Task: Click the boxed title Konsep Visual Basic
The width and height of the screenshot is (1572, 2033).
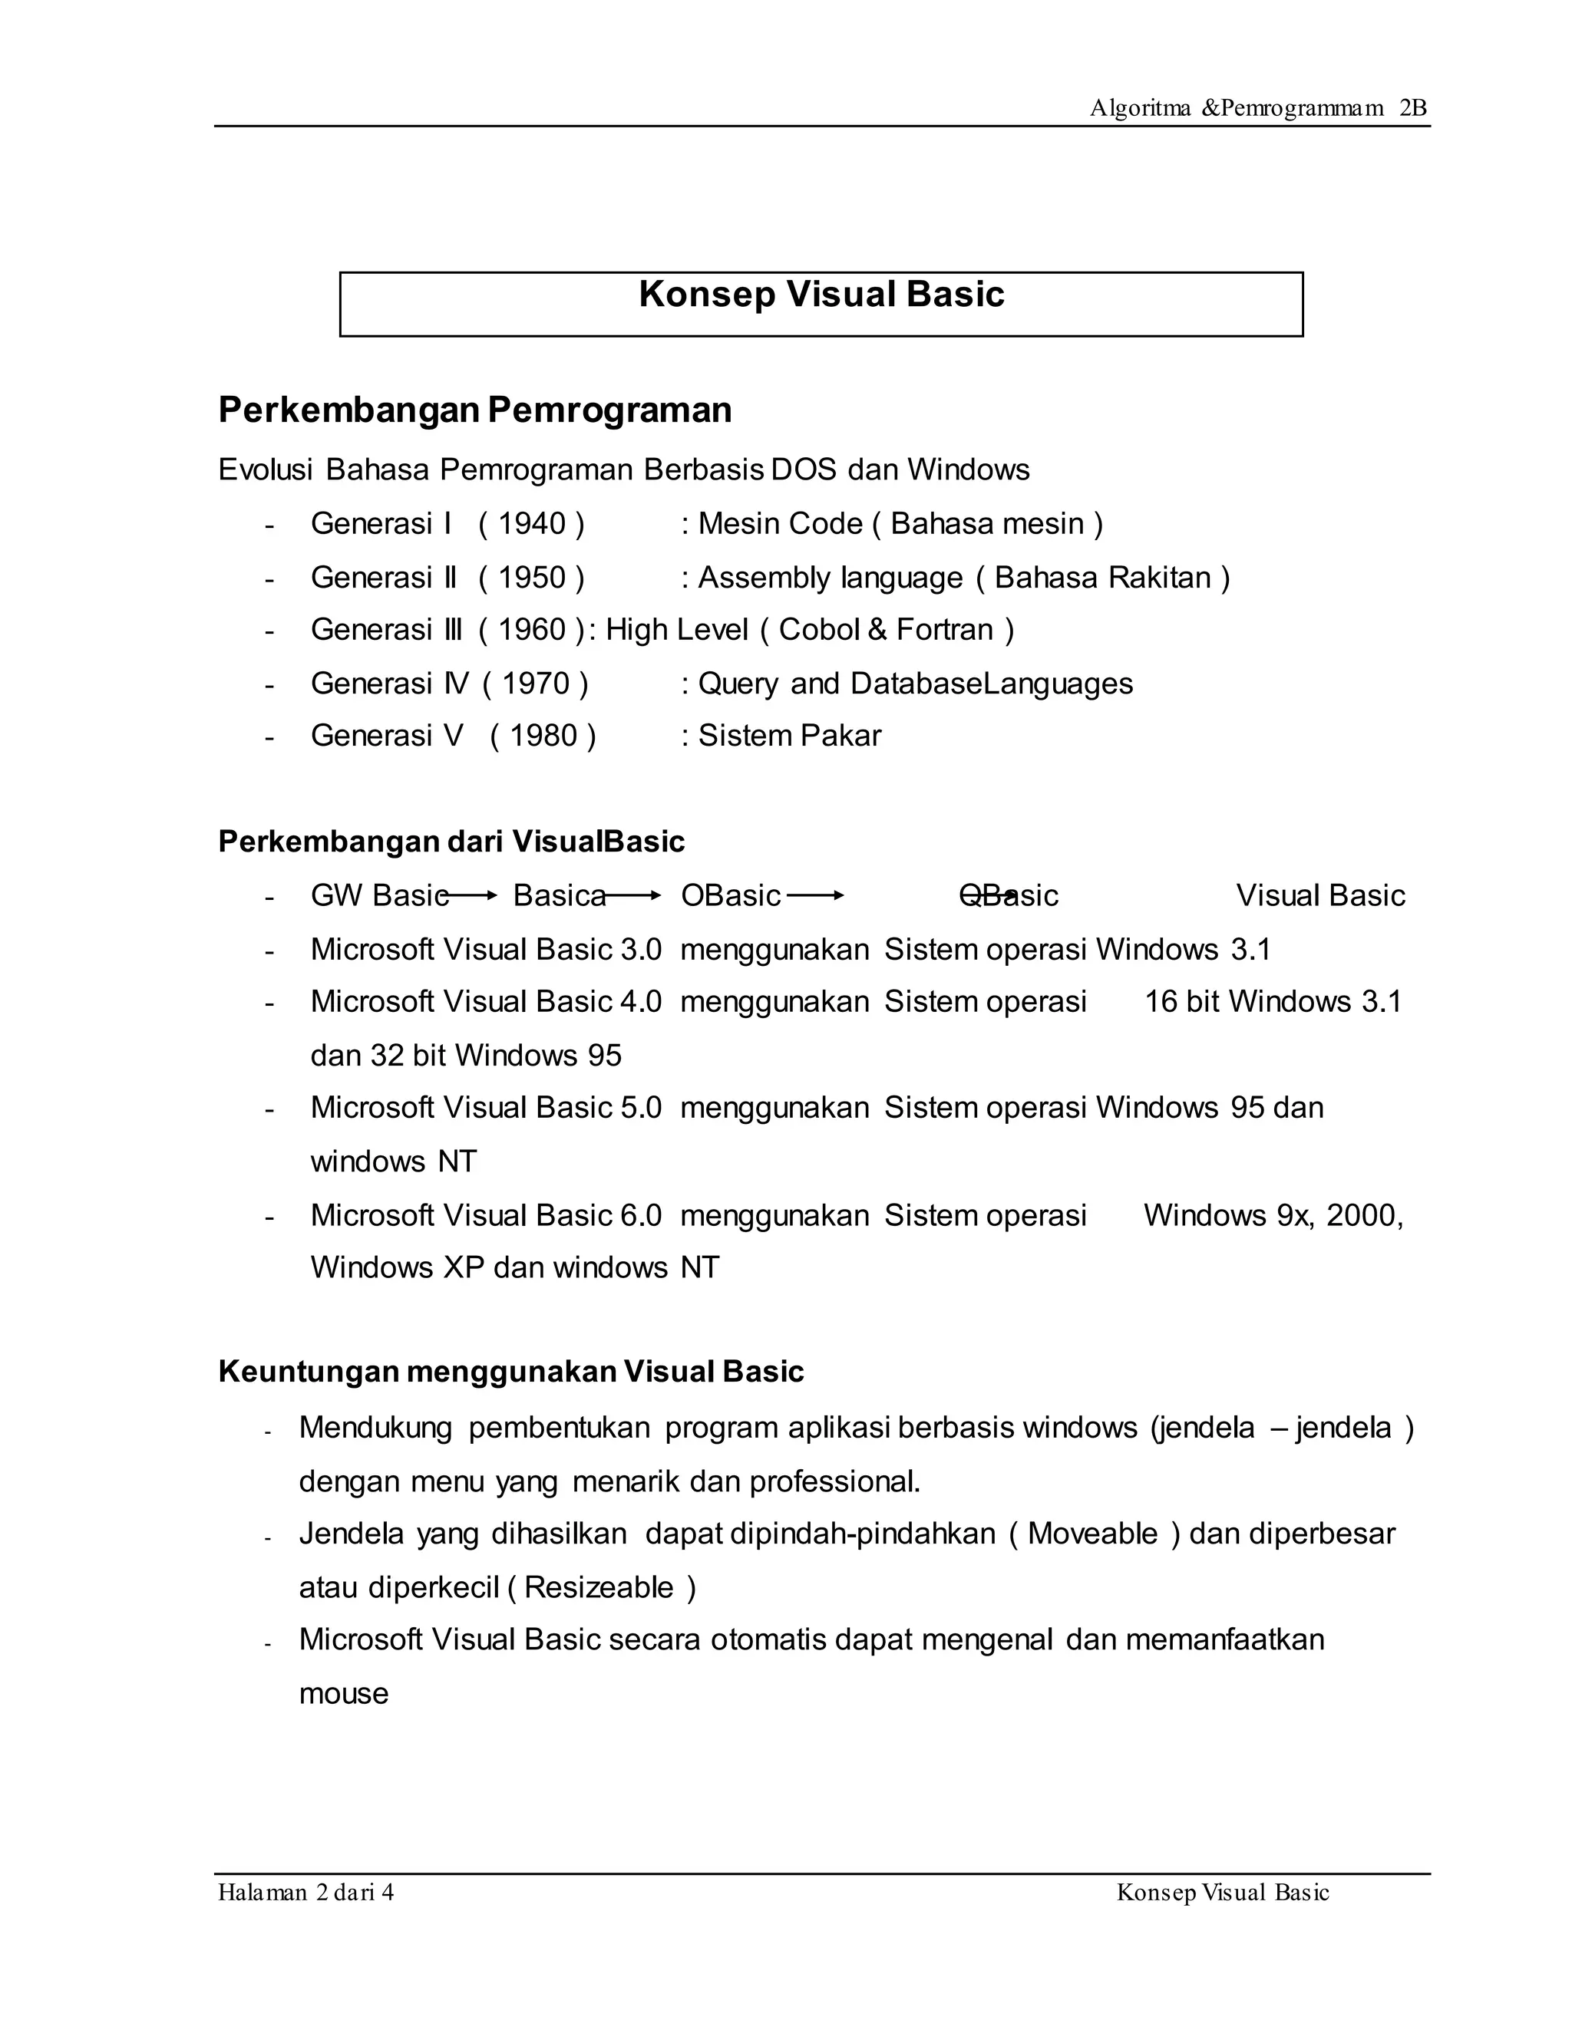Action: tap(821, 295)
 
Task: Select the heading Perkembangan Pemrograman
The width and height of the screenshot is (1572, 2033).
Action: tap(474, 410)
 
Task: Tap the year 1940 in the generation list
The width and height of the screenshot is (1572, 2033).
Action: tap(532, 524)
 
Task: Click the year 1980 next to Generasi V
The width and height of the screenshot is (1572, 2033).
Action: tap(543, 736)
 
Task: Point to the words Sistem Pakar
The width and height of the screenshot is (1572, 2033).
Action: tap(789, 736)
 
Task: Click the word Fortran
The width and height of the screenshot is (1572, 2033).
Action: tap(944, 630)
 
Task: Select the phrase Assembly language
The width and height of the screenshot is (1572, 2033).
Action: tap(830, 578)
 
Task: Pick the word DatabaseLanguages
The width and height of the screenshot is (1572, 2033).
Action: tap(991, 684)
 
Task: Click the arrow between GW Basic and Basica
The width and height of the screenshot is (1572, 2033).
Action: tap(474, 895)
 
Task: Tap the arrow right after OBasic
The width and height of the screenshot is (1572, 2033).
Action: tap(815, 895)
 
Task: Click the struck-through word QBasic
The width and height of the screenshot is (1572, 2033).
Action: tap(1009, 895)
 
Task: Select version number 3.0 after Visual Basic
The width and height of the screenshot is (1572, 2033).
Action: tap(641, 950)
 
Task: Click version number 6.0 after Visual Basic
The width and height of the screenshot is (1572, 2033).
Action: tap(641, 1216)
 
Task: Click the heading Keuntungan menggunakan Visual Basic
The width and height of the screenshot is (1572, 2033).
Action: tap(510, 1372)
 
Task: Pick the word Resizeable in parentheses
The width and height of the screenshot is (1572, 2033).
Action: tap(599, 1588)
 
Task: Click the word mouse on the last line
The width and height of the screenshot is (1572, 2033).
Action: tap(344, 1694)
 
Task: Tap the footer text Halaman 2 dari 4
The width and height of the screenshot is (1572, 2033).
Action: tap(305, 1893)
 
